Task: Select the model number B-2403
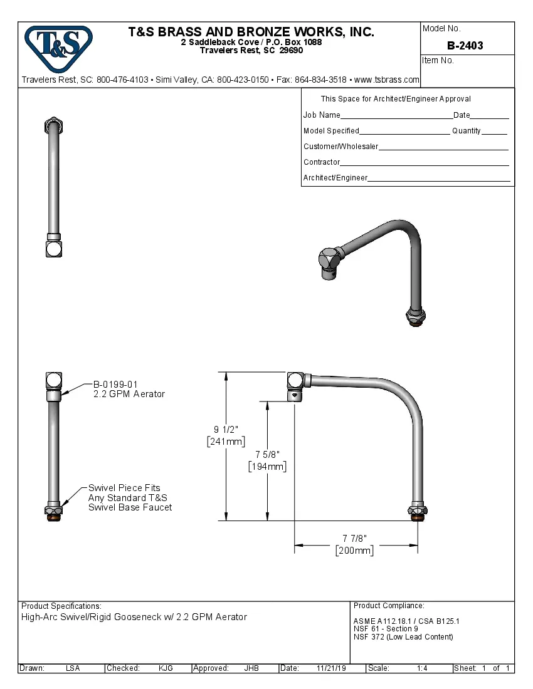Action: pos(465,46)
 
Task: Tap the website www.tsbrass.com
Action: pos(387,80)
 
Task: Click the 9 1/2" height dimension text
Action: pos(226,429)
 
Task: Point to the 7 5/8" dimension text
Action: pos(267,454)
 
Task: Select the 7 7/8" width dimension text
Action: pos(354,538)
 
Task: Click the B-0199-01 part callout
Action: pos(115,385)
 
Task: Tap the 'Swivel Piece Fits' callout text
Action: pos(124,487)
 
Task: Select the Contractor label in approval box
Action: pos(322,162)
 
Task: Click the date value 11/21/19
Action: pos(331,668)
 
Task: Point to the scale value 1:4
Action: pos(422,668)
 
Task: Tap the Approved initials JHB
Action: pos(251,668)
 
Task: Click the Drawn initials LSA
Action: pos(73,668)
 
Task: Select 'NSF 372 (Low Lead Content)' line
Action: pos(403,637)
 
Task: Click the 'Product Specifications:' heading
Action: pos(61,606)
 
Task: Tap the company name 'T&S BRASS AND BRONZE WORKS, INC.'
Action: pos(251,32)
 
